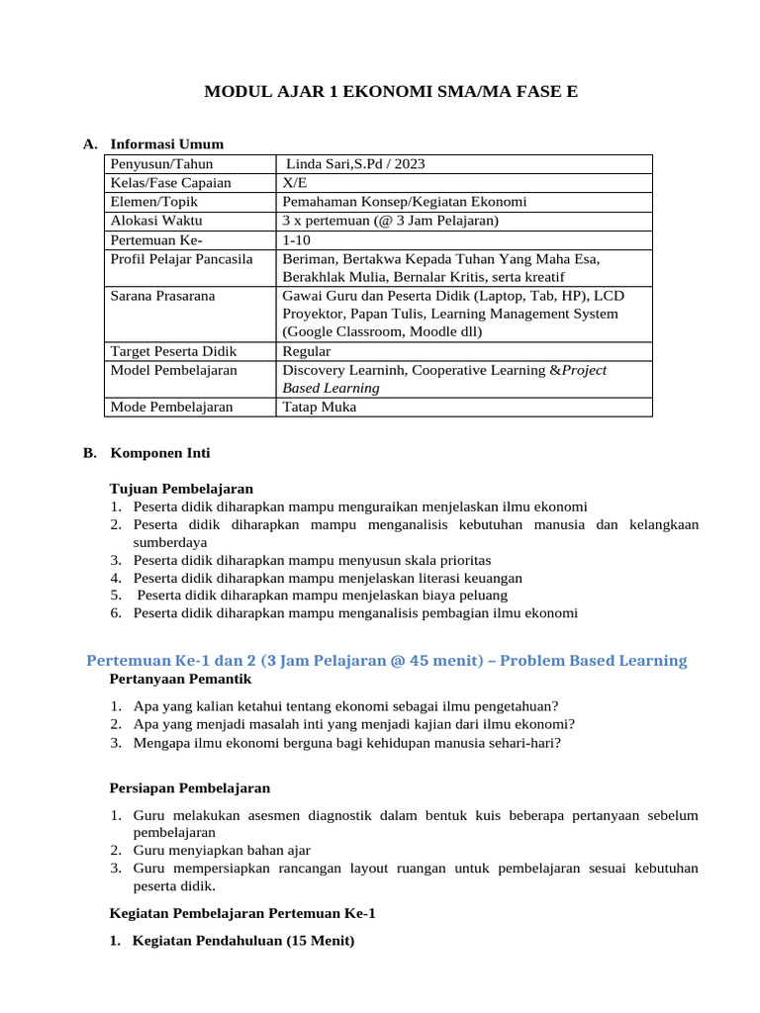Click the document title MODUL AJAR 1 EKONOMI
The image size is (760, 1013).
pos(390,93)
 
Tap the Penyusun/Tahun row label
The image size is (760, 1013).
pos(161,164)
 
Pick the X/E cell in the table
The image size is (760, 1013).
pos(294,183)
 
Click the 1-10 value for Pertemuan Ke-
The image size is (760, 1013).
pos(296,239)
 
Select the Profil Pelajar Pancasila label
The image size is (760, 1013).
pos(182,258)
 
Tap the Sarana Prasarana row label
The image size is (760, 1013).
pos(163,296)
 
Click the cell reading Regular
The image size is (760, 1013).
pos(307,351)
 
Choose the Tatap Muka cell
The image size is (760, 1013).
pos(320,407)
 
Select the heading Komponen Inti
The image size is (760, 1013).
pos(159,453)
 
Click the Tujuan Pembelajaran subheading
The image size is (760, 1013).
pos(181,489)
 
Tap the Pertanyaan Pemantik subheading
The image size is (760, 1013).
pos(180,680)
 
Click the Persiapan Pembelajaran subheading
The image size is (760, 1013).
pos(188,788)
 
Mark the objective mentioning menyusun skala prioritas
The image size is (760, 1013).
pos(312,560)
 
